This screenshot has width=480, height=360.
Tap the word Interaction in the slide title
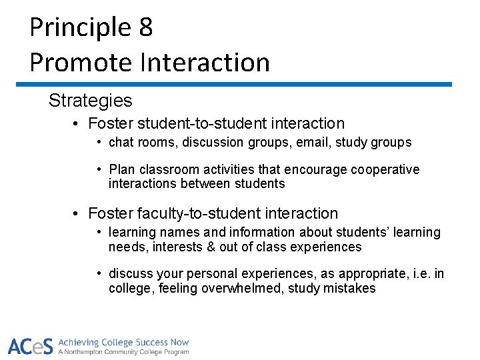pyautogui.click(x=205, y=63)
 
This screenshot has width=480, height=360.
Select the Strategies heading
pyautogui.click(x=90, y=101)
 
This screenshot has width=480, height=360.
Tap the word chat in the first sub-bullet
pyautogui.click(x=121, y=142)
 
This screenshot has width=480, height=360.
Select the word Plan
pyautogui.click(x=121, y=169)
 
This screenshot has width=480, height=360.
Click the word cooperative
pyautogui.click(x=387, y=169)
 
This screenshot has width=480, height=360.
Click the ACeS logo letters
pyautogui.click(x=30, y=345)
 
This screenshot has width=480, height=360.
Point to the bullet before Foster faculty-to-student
pyautogui.click(x=77, y=214)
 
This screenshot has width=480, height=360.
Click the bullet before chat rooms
pyautogui.click(x=99, y=142)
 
